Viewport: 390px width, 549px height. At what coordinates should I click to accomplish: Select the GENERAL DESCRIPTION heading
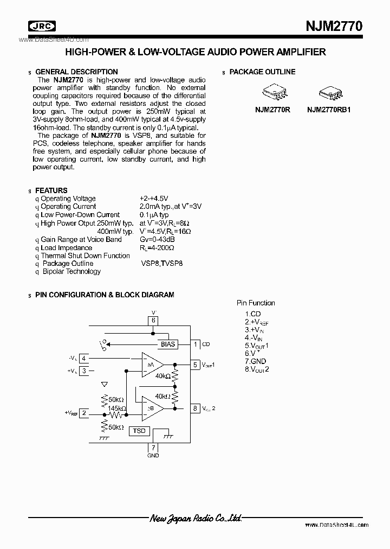coord(76,72)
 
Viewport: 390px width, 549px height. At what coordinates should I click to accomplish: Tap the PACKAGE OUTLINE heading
coord(262,72)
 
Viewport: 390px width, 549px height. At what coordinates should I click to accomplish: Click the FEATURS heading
coord(51,190)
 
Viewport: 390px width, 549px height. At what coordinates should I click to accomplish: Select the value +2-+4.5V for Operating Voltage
coord(154,199)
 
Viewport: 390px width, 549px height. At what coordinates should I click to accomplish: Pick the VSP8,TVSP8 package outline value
coord(161,264)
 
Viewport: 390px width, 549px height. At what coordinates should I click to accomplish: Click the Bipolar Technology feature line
coord(71,271)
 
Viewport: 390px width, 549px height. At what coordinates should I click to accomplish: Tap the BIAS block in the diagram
coord(168,344)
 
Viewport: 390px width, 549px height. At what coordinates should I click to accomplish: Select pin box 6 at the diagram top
coord(153,320)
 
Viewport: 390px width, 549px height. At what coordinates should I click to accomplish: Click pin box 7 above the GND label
coord(153,448)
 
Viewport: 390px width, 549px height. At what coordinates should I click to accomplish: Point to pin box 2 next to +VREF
coord(84,413)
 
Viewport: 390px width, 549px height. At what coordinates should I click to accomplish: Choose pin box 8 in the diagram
coord(194,408)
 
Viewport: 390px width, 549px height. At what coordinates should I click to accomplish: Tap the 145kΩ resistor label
coord(116,408)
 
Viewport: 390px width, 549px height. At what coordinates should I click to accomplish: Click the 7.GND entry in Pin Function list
coord(256,361)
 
